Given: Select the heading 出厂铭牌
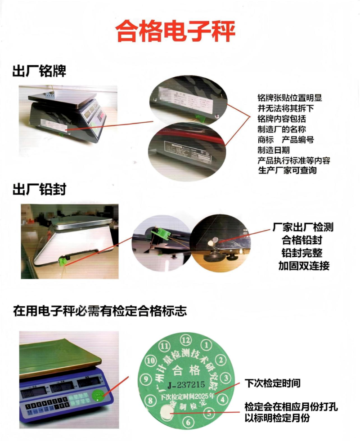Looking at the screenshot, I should tap(40, 71).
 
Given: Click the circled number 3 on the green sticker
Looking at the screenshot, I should tap(226, 378).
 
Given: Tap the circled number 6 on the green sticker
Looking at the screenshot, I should tap(189, 422).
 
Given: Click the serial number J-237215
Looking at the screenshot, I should tap(186, 384).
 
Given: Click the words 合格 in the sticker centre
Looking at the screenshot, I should tap(185, 370).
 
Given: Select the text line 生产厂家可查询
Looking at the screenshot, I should tap(287, 170).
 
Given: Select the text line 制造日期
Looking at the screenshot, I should tap(274, 150).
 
